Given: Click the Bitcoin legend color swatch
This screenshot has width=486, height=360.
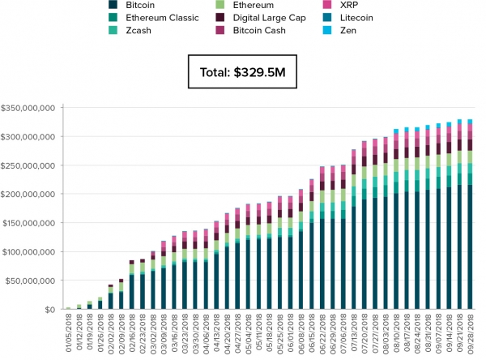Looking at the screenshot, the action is [x=113, y=5].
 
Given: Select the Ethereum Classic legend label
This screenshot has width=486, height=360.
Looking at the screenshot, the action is [x=162, y=18].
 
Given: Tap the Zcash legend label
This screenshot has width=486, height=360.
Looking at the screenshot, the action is [x=139, y=31].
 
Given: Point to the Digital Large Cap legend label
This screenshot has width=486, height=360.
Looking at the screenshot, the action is [x=270, y=18].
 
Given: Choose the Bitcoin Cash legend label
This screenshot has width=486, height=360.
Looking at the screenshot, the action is [x=259, y=31].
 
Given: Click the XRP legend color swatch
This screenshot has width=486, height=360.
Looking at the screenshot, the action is [x=327, y=5].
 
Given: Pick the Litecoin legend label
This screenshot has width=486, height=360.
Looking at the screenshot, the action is [x=356, y=18].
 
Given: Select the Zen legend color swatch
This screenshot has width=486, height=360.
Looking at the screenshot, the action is [x=327, y=31].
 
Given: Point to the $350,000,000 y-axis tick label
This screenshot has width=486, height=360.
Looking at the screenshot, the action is [x=28, y=108].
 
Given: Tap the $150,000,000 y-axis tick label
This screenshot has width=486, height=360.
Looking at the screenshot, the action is [x=29, y=223].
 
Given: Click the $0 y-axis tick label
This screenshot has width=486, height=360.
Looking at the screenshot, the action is [x=50, y=310].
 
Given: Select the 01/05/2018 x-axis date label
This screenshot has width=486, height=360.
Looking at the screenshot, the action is [x=69, y=333].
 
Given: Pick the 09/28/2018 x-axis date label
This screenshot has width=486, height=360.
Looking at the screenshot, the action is [x=470, y=333].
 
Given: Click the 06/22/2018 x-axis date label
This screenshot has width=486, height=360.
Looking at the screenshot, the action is [x=322, y=333].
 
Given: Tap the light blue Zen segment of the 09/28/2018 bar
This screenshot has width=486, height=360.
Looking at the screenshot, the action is [x=470, y=122].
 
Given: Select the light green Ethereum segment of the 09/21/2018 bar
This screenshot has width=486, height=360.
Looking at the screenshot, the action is [x=459, y=157].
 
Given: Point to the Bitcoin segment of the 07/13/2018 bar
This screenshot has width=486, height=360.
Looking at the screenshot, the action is [x=354, y=258].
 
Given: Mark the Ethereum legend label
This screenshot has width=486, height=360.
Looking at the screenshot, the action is [x=254, y=5].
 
